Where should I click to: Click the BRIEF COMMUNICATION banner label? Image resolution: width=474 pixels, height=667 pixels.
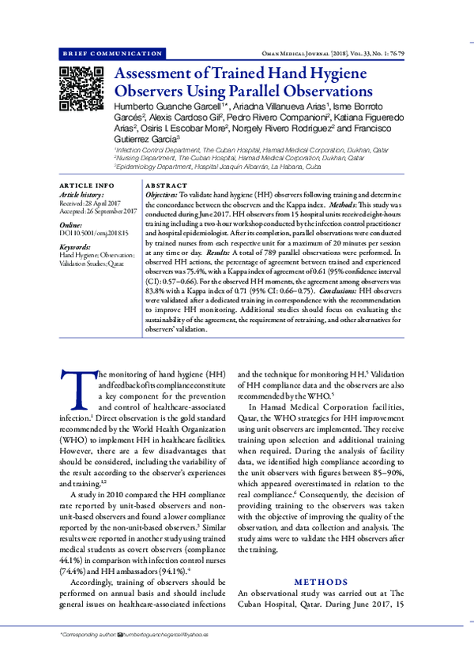point(112,53)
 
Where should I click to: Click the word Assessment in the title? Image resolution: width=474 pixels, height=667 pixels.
point(161,75)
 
